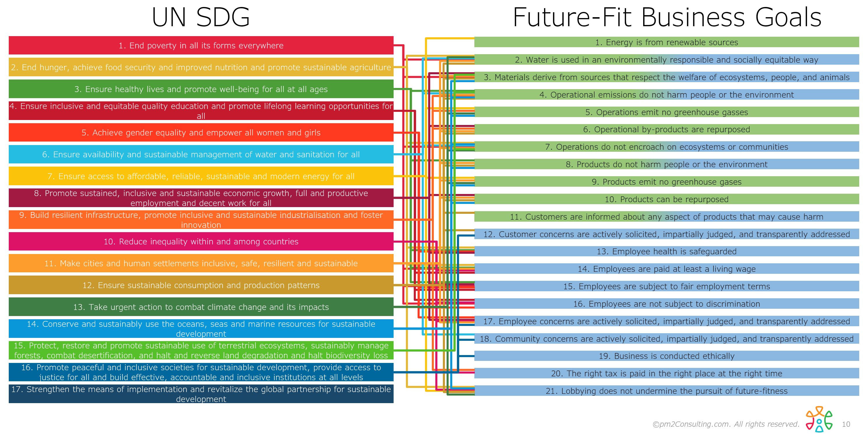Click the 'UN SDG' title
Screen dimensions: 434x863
[x=201, y=17]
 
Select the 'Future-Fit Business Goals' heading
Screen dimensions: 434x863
[x=667, y=17]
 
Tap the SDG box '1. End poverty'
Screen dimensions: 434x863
[x=201, y=45]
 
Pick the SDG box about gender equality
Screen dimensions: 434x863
[x=201, y=133]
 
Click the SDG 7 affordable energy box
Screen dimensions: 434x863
[x=201, y=176]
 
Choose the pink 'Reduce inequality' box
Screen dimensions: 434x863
[x=201, y=241]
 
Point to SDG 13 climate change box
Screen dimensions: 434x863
[x=201, y=307]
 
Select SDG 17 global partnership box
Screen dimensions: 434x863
[x=201, y=394]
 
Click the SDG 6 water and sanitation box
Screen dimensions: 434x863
[x=201, y=155]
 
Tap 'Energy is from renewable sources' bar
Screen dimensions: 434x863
[x=667, y=43]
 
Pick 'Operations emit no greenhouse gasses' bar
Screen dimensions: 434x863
[x=667, y=112]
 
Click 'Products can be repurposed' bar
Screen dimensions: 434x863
[x=667, y=200]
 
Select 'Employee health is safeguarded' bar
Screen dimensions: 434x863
[x=667, y=252]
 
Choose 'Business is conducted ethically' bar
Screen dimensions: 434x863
[x=667, y=356]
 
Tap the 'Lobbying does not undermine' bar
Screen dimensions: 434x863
[x=667, y=391]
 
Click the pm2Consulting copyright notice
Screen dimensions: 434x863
[x=726, y=424]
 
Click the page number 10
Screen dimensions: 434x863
[x=846, y=424]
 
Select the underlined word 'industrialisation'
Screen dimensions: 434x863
[x=310, y=215]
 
